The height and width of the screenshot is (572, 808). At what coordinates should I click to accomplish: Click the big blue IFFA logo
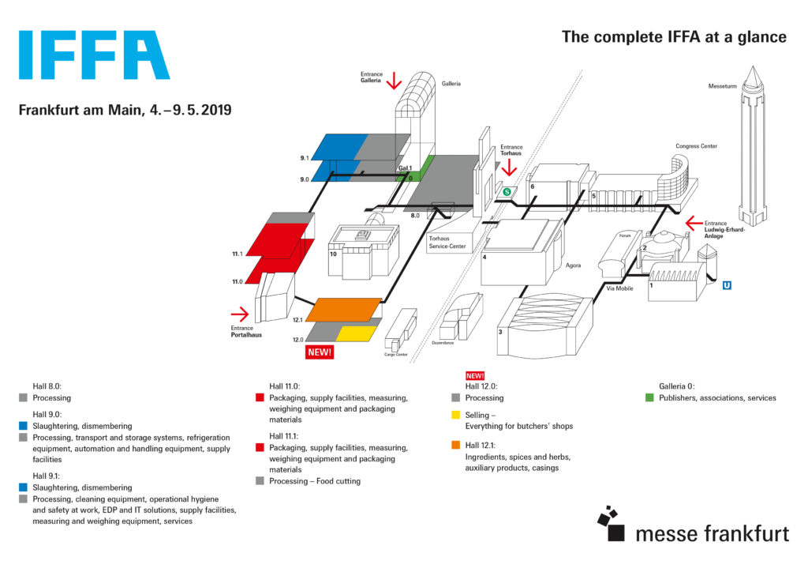click(93, 55)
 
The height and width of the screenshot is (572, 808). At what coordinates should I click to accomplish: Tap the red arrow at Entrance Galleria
click(394, 79)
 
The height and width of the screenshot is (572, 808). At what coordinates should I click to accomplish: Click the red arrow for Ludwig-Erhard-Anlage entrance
click(694, 222)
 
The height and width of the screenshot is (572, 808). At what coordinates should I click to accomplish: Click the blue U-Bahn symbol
click(726, 284)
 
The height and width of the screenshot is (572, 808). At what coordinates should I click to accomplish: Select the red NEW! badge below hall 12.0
click(320, 352)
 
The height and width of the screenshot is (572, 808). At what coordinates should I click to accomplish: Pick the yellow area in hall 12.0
click(354, 333)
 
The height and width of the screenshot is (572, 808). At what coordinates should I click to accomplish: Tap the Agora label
click(574, 265)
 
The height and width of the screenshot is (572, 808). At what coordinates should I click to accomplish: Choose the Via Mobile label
click(620, 289)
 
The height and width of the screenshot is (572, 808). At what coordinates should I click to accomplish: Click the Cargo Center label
click(395, 355)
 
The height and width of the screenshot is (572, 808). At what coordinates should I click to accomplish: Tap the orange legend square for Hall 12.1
click(455, 445)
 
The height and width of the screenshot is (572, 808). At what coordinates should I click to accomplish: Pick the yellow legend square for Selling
click(455, 414)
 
